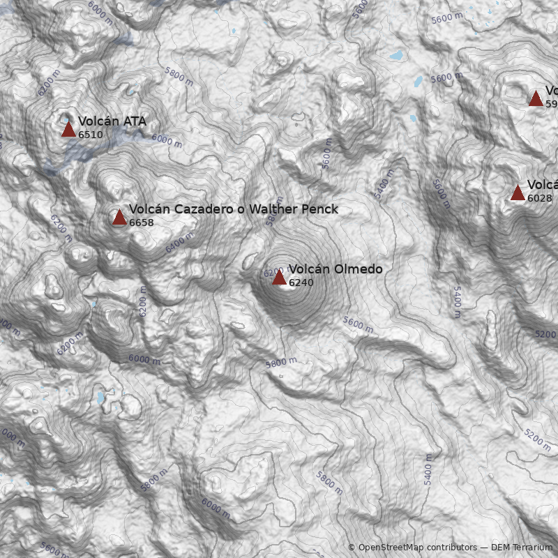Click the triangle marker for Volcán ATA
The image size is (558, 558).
click(x=68, y=129)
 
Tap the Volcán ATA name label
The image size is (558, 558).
click(x=112, y=121)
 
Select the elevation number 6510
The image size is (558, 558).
click(x=91, y=135)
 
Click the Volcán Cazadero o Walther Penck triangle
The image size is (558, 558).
click(x=119, y=217)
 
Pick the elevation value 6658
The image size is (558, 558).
click(x=142, y=223)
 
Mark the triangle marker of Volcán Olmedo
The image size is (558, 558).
click(x=279, y=277)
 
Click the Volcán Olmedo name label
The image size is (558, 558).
click(x=335, y=269)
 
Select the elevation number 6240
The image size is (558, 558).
click(x=301, y=282)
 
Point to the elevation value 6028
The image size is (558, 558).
click(x=539, y=198)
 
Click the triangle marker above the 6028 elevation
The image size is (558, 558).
click(x=518, y=193)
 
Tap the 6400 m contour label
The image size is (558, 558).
click(x=179, y=243)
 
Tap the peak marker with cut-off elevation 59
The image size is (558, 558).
click(x=536, y=98)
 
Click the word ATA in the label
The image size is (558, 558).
click(x=135, y=121)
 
